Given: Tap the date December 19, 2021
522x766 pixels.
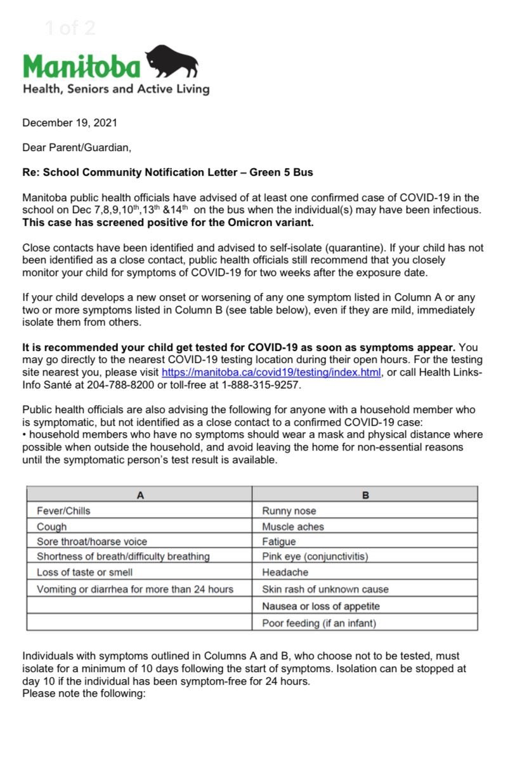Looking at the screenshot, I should point(70,123).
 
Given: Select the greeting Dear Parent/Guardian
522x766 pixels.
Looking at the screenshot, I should point(77,148).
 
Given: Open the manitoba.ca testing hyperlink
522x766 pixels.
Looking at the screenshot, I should point(271,373).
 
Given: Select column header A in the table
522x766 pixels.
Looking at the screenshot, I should point(140,495).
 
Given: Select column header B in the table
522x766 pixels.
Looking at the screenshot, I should point(365,495).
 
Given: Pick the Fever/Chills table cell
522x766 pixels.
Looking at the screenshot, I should point(63,511).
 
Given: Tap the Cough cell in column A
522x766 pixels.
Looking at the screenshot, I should point(51,527).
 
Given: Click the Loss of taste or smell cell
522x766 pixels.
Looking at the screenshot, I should point(84,572).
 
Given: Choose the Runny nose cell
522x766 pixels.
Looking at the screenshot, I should point(289,511).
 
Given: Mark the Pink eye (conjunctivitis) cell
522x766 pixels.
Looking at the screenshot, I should point(315,557).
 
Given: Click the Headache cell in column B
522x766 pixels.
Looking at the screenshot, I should point(285,572).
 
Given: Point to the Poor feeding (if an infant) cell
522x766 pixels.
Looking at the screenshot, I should point(318,623).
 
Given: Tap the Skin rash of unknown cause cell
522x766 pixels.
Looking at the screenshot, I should point(325,589).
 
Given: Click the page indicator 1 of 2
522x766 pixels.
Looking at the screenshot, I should point(70,28).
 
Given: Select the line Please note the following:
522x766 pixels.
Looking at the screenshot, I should point(84,693).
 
